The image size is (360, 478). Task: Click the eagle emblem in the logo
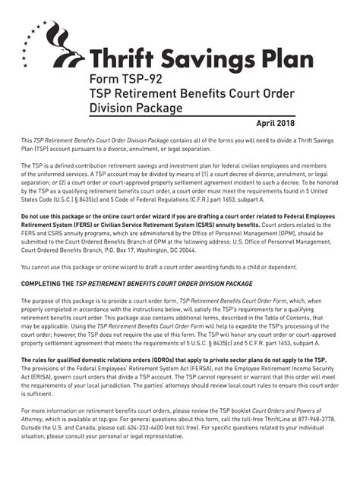coord(64,51)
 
